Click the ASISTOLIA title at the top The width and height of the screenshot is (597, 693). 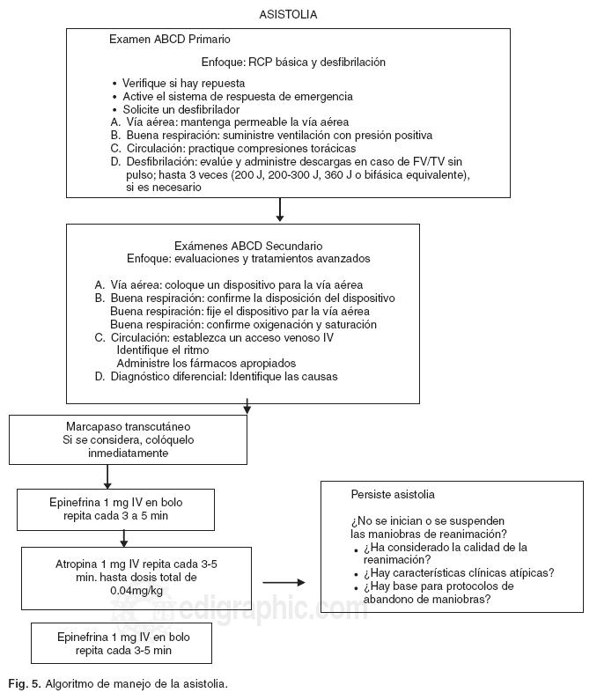(288, 15)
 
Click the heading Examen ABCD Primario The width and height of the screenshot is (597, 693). (170, 40)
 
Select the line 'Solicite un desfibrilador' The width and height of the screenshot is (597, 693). (181, 109)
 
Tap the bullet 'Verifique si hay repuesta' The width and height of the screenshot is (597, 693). (183, 84)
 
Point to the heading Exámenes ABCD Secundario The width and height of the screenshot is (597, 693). (248, 246)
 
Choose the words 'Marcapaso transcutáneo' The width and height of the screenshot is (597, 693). (128, 425)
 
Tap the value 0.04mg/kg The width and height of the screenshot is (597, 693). (129, 590)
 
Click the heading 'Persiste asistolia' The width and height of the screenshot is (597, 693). (392, 495)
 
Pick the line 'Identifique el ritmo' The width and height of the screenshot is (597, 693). (163, 350)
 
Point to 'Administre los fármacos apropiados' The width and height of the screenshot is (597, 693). (206, 364)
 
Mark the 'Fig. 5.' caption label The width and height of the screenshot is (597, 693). (24, 683)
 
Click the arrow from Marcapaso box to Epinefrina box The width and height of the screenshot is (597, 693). (107, 476)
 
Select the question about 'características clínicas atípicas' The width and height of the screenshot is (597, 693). (458, 572)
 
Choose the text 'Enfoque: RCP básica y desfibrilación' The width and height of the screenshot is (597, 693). (293, 63)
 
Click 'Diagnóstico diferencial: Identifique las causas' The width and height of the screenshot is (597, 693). (224, 377)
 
